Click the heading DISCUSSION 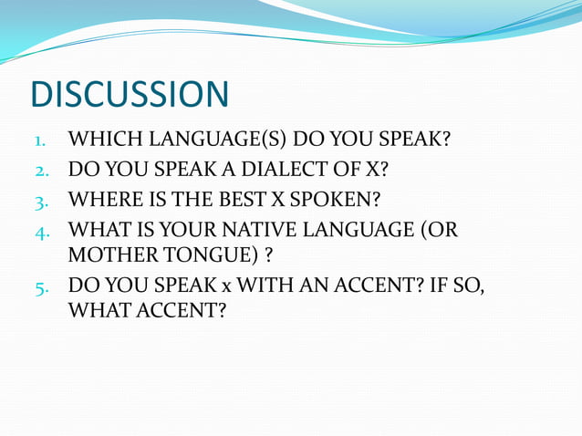tap(129, 95)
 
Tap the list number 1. tap(40, 141)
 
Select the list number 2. tap(40, 171)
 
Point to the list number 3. tap(40, 200)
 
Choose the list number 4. tap(40, 229)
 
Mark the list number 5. tap(40, 287)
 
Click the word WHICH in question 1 tap(98, 140)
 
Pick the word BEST tap(232, 199)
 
